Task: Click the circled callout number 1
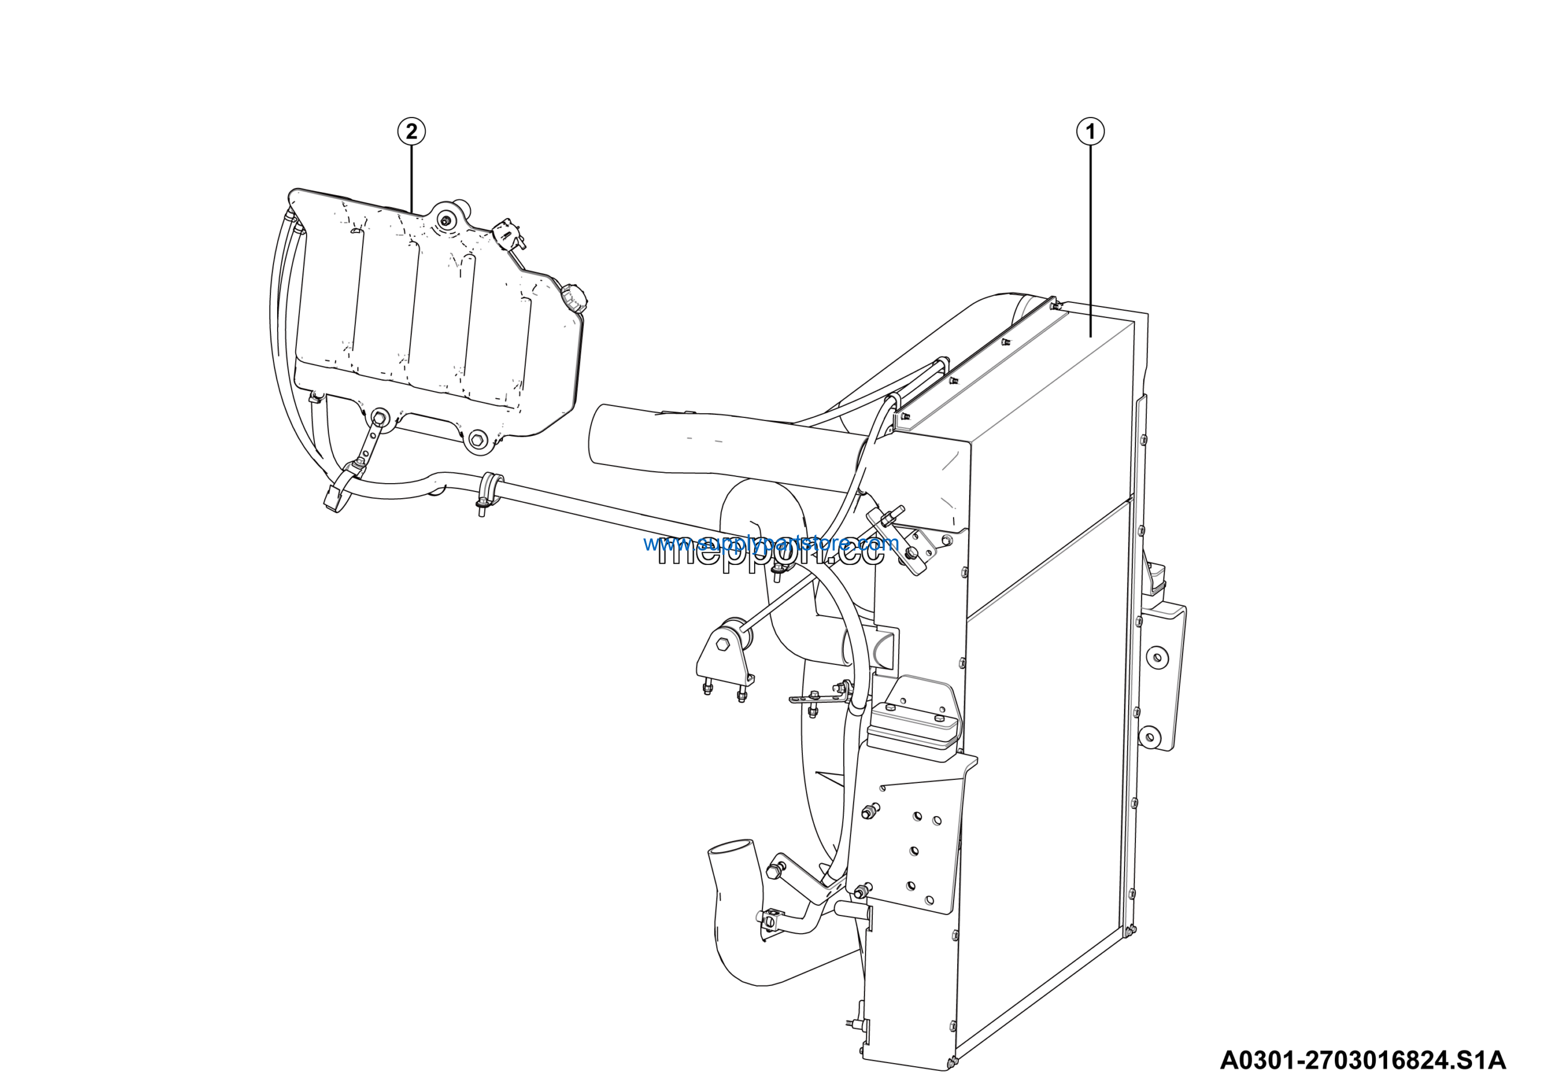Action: click(1090, 131)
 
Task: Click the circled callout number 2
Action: click(411, 131)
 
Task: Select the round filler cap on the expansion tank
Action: click(573, 298)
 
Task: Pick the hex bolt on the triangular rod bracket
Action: click(722, 644)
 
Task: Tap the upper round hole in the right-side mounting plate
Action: click(1157, 657)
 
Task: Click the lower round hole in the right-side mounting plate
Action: click(1150, 738)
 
